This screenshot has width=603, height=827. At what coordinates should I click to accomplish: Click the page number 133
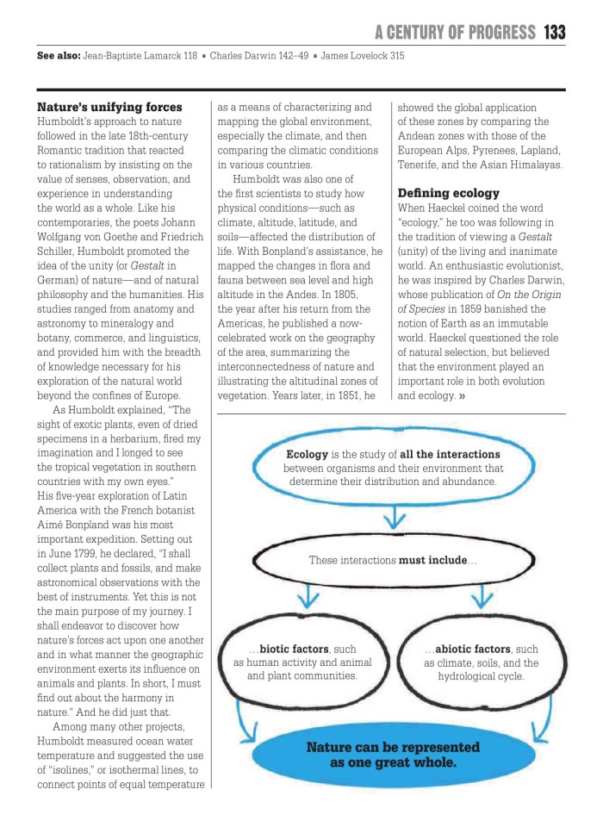(554, 33)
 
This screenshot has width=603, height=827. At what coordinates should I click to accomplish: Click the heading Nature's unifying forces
(109, 108)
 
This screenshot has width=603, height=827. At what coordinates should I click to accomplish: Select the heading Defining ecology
(448, 193)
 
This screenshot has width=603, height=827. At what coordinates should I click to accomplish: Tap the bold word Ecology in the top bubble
(307, 453)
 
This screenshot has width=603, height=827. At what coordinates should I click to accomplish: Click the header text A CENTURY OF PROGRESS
(455, 33)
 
